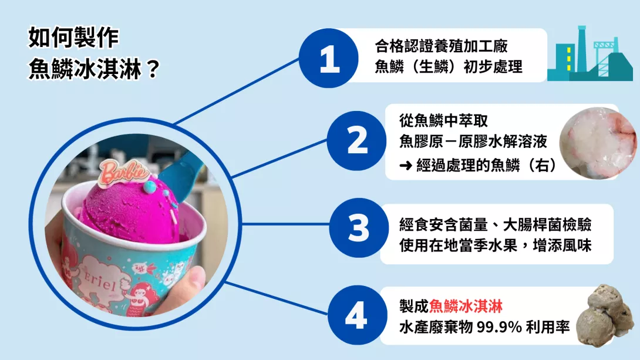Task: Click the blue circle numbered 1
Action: tap(329, 58)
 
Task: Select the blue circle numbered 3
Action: tap(359, 228)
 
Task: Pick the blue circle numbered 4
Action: tap(357, 315)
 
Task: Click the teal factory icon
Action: tap(590, 54)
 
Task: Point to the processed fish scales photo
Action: tap(598, 143)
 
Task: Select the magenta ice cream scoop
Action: tap(130, 212)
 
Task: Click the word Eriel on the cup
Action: tap(100, 280)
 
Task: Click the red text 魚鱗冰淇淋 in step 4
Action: tap(466, 307)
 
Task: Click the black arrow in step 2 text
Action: tap(406, 166)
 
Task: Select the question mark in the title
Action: tap(152, 69)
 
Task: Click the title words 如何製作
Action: tap(73, 38)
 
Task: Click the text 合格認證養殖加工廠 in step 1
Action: tap(441, 46)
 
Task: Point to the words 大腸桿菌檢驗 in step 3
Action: tap(547, 225)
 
